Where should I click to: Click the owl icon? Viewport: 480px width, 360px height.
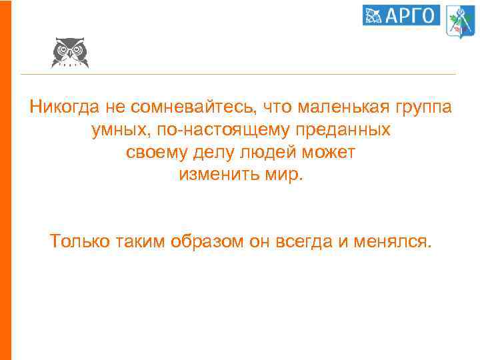click(69, 52)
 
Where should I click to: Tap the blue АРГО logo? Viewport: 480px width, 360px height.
click(401, 15)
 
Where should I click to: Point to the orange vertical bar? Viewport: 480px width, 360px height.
click(6, 180)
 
